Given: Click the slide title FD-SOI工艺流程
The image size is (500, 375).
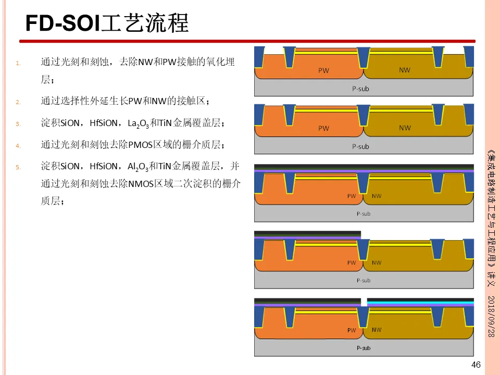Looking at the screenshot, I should click(x=107, y=23).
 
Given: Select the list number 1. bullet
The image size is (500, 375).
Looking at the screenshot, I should click(x=18, y=64).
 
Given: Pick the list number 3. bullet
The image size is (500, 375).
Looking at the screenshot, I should click(x=18, y=124).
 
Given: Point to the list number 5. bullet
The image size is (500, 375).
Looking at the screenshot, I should click(x=18, y=168).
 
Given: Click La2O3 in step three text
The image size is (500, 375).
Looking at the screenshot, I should click(x=138, y=124).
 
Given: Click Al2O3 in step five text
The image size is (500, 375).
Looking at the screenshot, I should click(x=138, y=167).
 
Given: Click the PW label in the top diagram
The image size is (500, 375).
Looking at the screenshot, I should click(x=323, y=70).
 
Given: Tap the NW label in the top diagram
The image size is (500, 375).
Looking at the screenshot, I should click(x=404, y=70).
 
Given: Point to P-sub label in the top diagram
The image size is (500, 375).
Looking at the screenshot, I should click(x=360, y=89).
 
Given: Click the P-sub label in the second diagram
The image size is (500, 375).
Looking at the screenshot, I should click(x=360, y=146).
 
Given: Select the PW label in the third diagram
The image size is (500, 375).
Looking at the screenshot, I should click(x=352, y=196).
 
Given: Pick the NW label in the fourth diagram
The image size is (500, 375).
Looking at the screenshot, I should click(x=376, y=262).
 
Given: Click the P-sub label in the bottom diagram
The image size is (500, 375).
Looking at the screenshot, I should click(x=363, y=347).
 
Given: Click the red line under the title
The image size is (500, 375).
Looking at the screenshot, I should click(x=247, y=41).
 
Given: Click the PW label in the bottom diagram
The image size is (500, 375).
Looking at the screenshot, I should click(x=352, y=330).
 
